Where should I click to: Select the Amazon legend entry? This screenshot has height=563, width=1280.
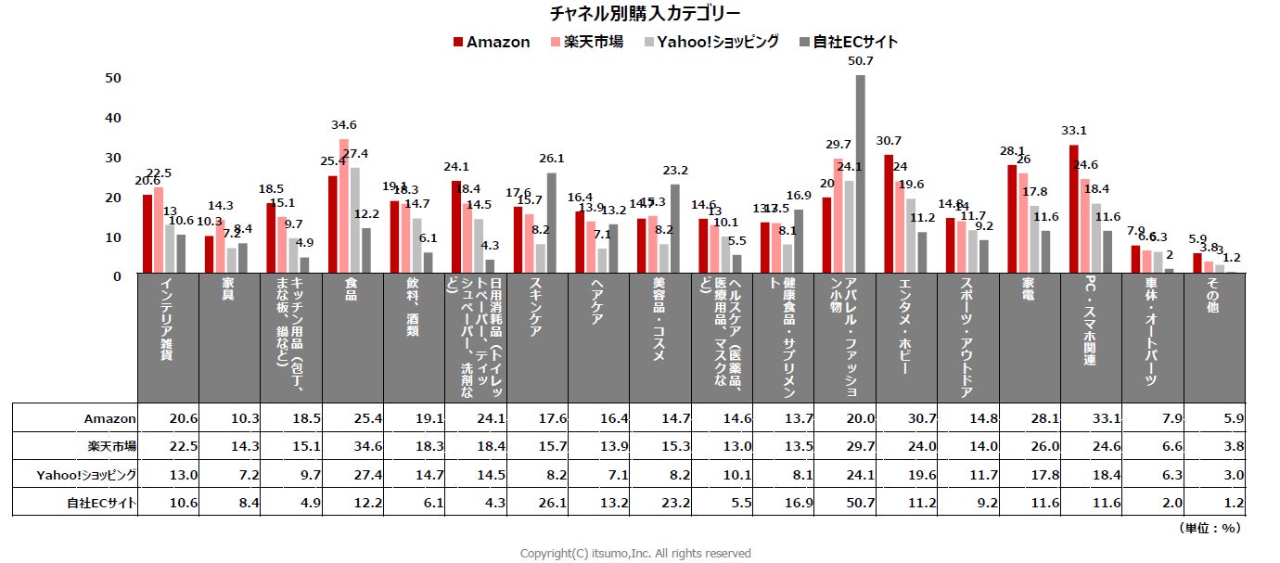pos(492,42)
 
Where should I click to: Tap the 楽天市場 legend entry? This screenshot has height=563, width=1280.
pos(587,42)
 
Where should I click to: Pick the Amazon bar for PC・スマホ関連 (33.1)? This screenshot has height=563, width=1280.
pos(1073,210)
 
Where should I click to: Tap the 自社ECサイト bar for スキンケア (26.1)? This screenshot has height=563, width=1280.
pos(552,223)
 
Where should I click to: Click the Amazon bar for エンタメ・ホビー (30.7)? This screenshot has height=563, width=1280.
pos(889,214)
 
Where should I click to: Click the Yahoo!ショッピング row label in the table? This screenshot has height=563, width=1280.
pos(87,474)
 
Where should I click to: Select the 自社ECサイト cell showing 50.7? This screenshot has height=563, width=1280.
pos(845,503)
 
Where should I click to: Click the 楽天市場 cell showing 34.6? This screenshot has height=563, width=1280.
pos(352,446)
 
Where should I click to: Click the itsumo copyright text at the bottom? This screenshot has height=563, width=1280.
pos(634,553)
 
